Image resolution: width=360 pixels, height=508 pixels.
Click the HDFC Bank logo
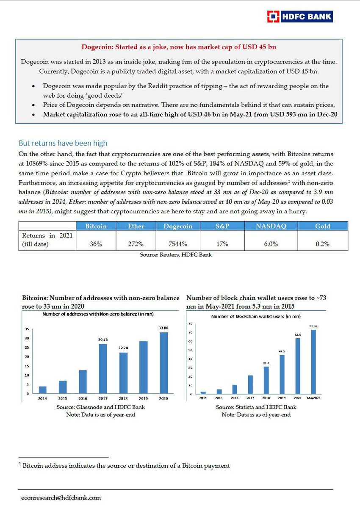(299, 17)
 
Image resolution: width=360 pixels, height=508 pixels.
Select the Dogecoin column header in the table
(178, 226)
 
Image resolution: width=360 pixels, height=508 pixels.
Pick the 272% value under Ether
(136, 244)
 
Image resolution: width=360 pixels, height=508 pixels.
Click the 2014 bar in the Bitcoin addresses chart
(42, 390)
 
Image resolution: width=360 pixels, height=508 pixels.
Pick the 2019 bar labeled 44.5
(282, 375)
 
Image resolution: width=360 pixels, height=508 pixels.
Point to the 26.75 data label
(103, 340)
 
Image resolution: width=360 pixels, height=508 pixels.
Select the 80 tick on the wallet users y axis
(190, 324)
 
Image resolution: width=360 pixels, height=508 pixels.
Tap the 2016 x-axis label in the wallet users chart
(235, 398)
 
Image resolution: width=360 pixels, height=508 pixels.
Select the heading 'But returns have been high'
(63, 143)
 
